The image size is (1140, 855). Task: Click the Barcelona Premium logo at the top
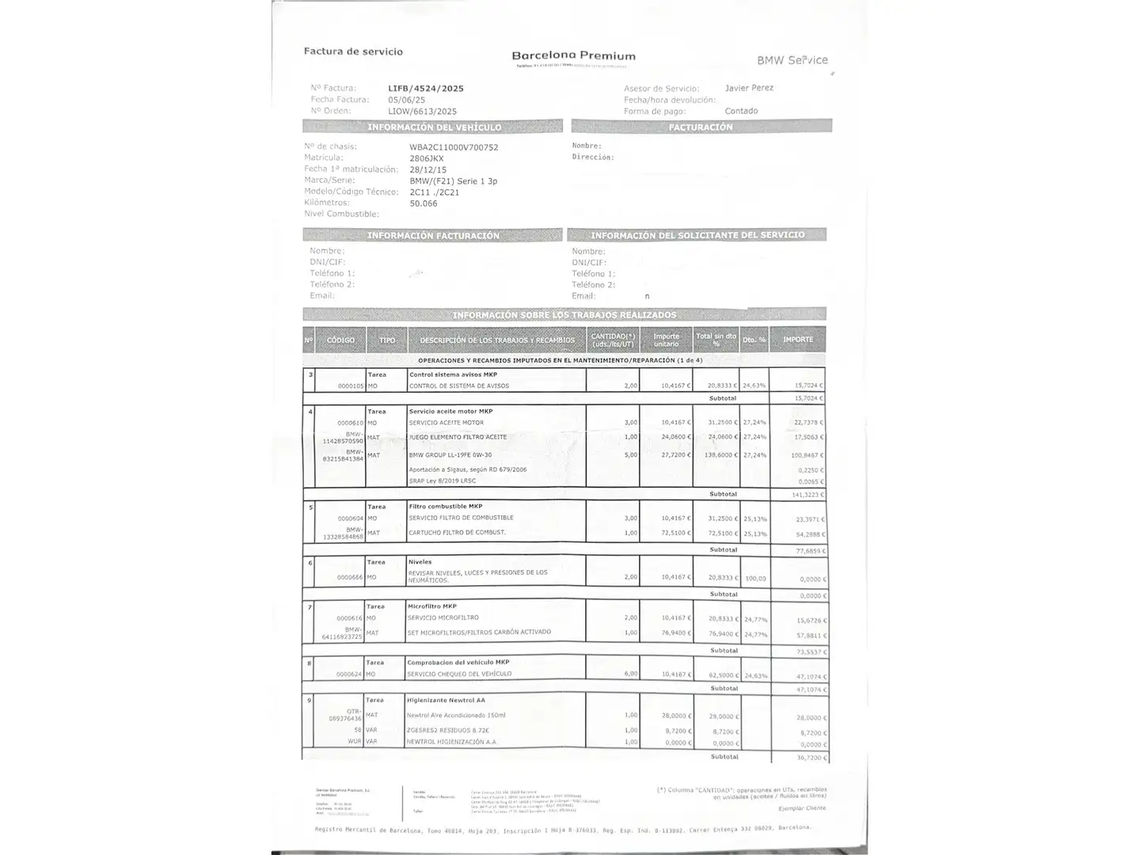(x=573, y=56)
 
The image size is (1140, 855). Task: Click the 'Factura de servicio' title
(x=353, y=51)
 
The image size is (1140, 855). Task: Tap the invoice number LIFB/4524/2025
(x=426, y=89)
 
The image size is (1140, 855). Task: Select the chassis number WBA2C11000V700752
(x=454, y=147)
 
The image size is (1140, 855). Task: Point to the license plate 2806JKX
(x=427, y=158)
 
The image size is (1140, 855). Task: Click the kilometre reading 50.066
(x=424, y=203)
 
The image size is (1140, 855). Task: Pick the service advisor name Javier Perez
(x=749, y=88)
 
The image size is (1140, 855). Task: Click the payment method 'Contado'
(x=741, y=111)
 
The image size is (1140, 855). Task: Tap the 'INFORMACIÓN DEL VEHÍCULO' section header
(x=433, y=127)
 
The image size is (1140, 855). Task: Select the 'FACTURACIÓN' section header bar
(x=701, y=127)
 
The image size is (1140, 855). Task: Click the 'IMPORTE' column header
(x=798, y=340)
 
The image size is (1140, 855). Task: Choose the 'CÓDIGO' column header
(x=340, y=340)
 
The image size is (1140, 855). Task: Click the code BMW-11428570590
(x=344, y=437)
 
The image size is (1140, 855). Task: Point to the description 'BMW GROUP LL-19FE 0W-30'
(x=450, y=455)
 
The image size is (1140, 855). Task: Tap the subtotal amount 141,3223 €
(x=808, y=495)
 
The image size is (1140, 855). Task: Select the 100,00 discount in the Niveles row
(x=755, y=579)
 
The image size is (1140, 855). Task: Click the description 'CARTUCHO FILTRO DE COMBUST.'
(x=457, y=533)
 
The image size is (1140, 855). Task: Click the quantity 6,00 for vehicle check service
(x=630, y=674)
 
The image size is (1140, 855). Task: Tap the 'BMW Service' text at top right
(x=792, y=60)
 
